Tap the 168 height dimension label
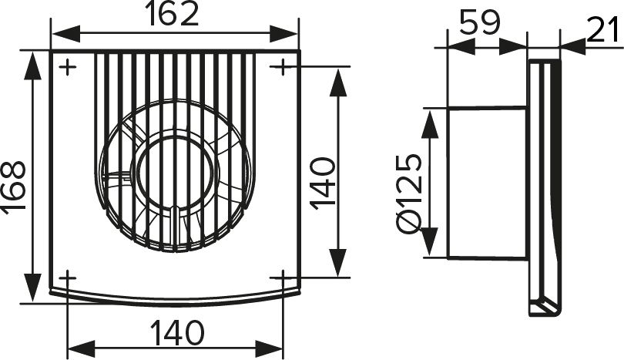pyautogui.click(x=15, y=187)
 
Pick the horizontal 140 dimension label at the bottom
pyautogui.click(x=177, y=333)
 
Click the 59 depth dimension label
pyautogui.click(x=479, y=22)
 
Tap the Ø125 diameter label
pyautogui.click(x=410, y=195)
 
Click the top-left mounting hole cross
pyautogui.click(x=68, y=67)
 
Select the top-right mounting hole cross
pyautogui.click(x=282, y=66)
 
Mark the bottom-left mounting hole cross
pyautogui.click(x=68, y=278)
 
